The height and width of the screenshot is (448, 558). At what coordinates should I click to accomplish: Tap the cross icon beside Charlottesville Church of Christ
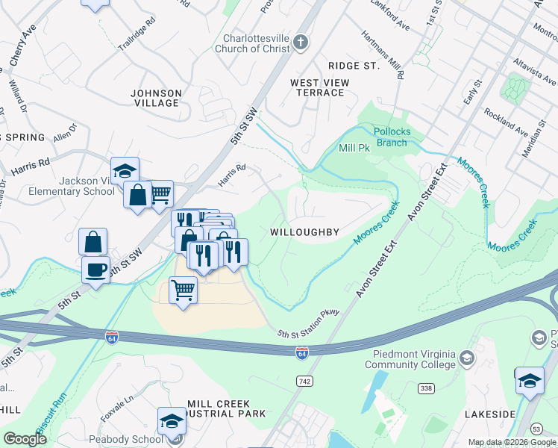coord(301,40)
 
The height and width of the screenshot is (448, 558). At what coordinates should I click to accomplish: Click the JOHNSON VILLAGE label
coord(156,98)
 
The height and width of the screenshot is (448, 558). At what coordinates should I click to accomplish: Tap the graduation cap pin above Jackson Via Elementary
coord(125,169)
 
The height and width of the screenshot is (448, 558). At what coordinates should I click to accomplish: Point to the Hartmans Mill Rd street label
coord(383,55)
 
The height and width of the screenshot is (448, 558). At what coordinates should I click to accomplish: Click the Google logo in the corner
coord(25,439)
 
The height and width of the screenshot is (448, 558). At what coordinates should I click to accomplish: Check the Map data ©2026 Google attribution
coord(511,442)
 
